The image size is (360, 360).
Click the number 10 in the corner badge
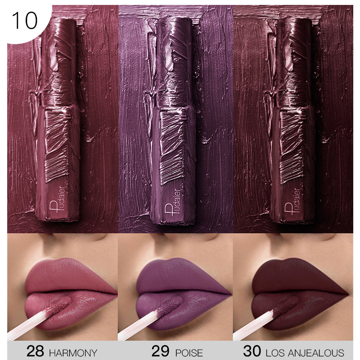[25, 21]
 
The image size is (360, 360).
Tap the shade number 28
[35, 351]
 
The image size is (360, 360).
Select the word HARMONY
[73, 353]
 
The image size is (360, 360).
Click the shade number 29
[160, 351]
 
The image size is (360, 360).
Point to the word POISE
[189, 353]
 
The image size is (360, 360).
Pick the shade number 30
[252, 351]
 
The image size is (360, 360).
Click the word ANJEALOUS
[316, 353]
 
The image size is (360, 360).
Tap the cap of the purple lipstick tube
[175, 62]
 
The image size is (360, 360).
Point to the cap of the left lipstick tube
[59, 62]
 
